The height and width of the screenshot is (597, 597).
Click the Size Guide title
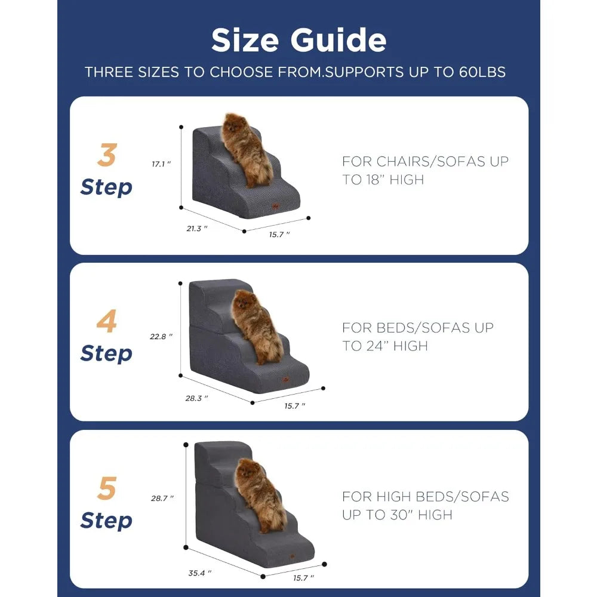[298, 40]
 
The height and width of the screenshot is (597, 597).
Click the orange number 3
[106, 156]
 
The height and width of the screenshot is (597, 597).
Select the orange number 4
[106, 323]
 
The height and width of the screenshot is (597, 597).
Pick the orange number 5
[106, 490]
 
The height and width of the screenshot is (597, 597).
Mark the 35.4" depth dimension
[199, 573]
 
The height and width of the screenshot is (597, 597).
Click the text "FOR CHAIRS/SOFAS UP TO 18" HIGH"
[425, 170]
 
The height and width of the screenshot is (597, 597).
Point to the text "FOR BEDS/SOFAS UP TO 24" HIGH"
[418, 336]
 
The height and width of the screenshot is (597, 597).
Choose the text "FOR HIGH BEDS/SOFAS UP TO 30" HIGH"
[425, 505]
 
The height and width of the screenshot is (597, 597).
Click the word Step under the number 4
[106, 353]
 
